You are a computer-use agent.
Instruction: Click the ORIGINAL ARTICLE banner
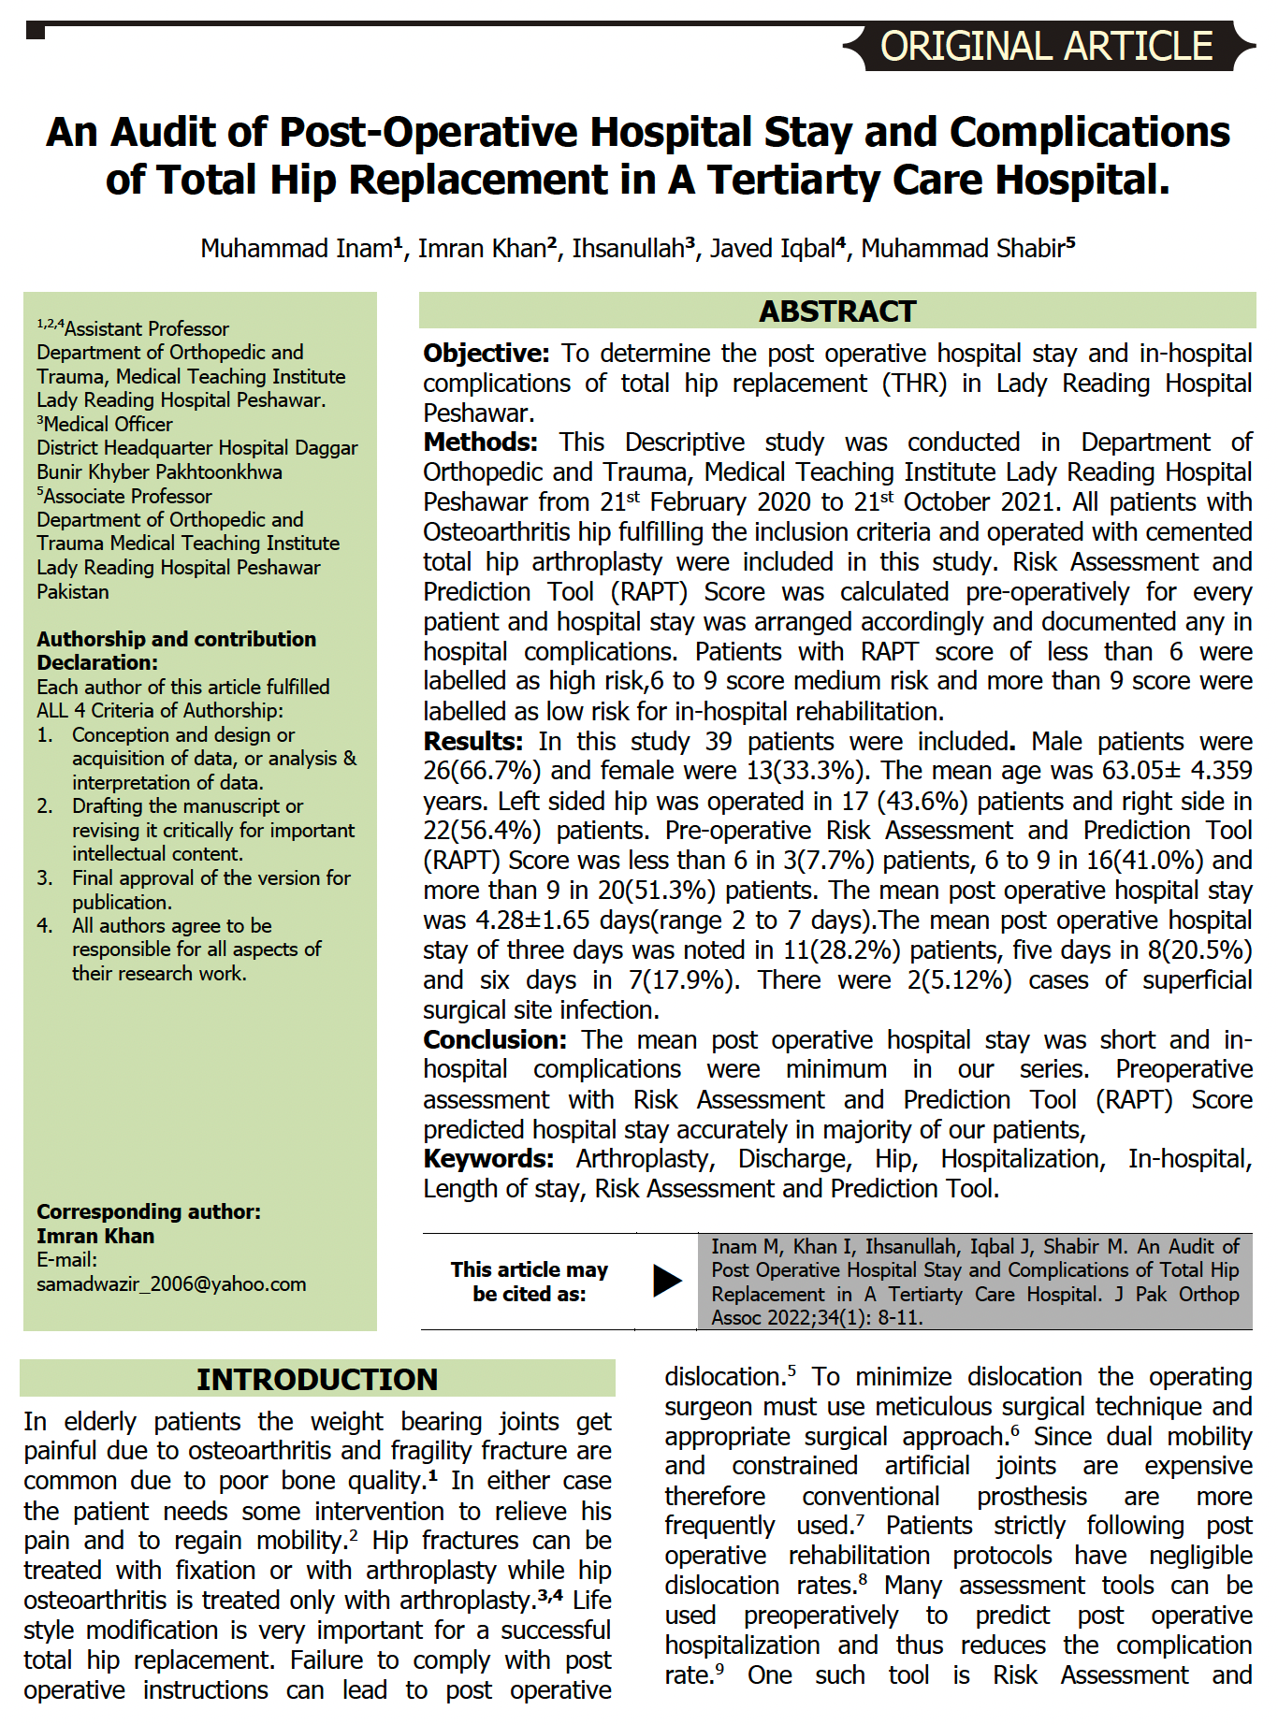[1046, 47]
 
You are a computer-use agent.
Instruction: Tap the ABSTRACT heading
[837, 312]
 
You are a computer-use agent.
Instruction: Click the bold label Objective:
[486, 354]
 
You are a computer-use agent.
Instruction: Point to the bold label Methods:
[480, 442]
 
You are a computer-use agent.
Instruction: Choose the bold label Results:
[472, 742]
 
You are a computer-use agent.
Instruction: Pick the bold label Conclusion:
[494, 1040]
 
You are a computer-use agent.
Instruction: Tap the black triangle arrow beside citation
[666, 1281]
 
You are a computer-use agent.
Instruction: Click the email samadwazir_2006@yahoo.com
[171, 1284]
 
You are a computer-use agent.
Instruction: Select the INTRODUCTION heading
[317, 1380]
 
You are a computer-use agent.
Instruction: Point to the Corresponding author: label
[149, 1212]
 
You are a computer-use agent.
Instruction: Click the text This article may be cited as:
[529, 1282]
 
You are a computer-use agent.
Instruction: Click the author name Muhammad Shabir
[963, 249]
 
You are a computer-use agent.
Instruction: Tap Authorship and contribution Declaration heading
[176, 651]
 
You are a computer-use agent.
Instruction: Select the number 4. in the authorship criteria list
[45, 926]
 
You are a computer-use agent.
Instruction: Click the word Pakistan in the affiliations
[73, 592]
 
